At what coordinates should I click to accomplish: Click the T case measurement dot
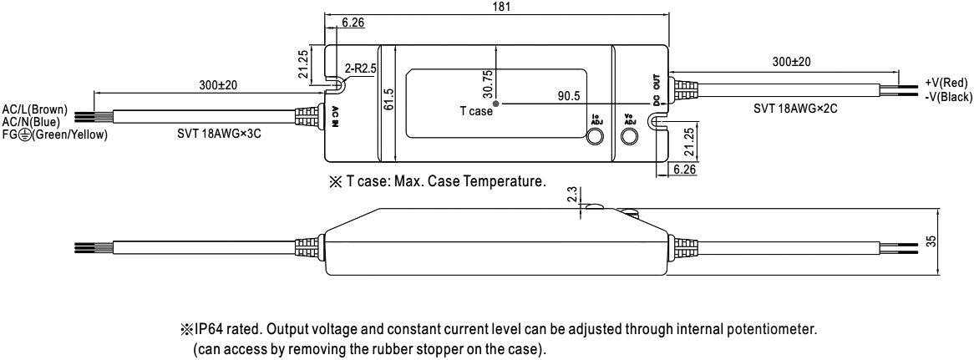(496, 104)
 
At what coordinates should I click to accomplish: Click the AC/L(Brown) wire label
(35, 109)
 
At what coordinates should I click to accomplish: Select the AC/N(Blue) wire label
(31, 119)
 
